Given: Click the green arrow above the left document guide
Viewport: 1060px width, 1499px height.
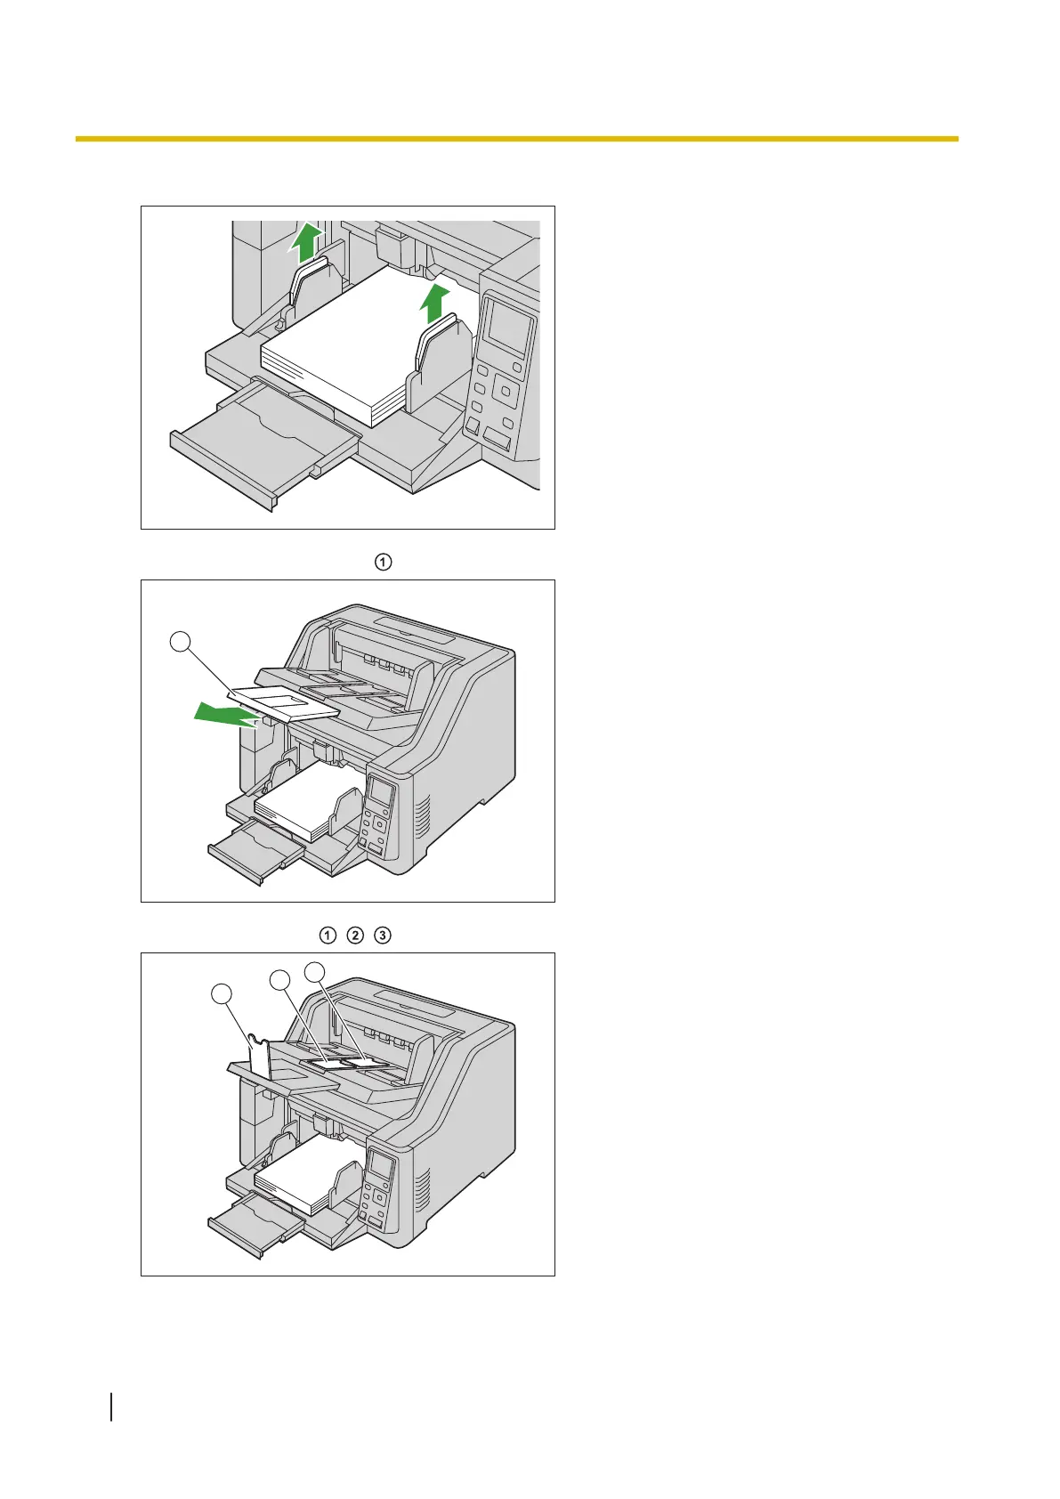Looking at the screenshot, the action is (x=305, y=242).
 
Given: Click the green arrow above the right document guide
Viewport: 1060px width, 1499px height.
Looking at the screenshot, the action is (x=433, y=305).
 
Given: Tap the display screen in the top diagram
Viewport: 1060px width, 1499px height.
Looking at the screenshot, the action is (x=510, y=328).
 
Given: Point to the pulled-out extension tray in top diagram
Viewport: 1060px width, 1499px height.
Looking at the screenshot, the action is (x=258, y=445).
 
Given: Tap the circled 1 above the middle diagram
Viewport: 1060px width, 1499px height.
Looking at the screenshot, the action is (x=382, y=562).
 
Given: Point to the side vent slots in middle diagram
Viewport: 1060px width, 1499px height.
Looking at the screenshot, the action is (x=423, y=819).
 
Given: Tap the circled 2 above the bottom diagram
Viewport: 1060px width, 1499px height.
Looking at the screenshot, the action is (x=355, y=936).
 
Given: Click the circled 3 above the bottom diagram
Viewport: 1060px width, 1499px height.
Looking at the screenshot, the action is (x=382, y=936).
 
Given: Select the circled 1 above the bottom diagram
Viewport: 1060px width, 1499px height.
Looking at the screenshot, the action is (x=328, y=936).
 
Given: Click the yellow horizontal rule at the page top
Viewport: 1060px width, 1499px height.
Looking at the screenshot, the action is (x=516, y=139).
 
